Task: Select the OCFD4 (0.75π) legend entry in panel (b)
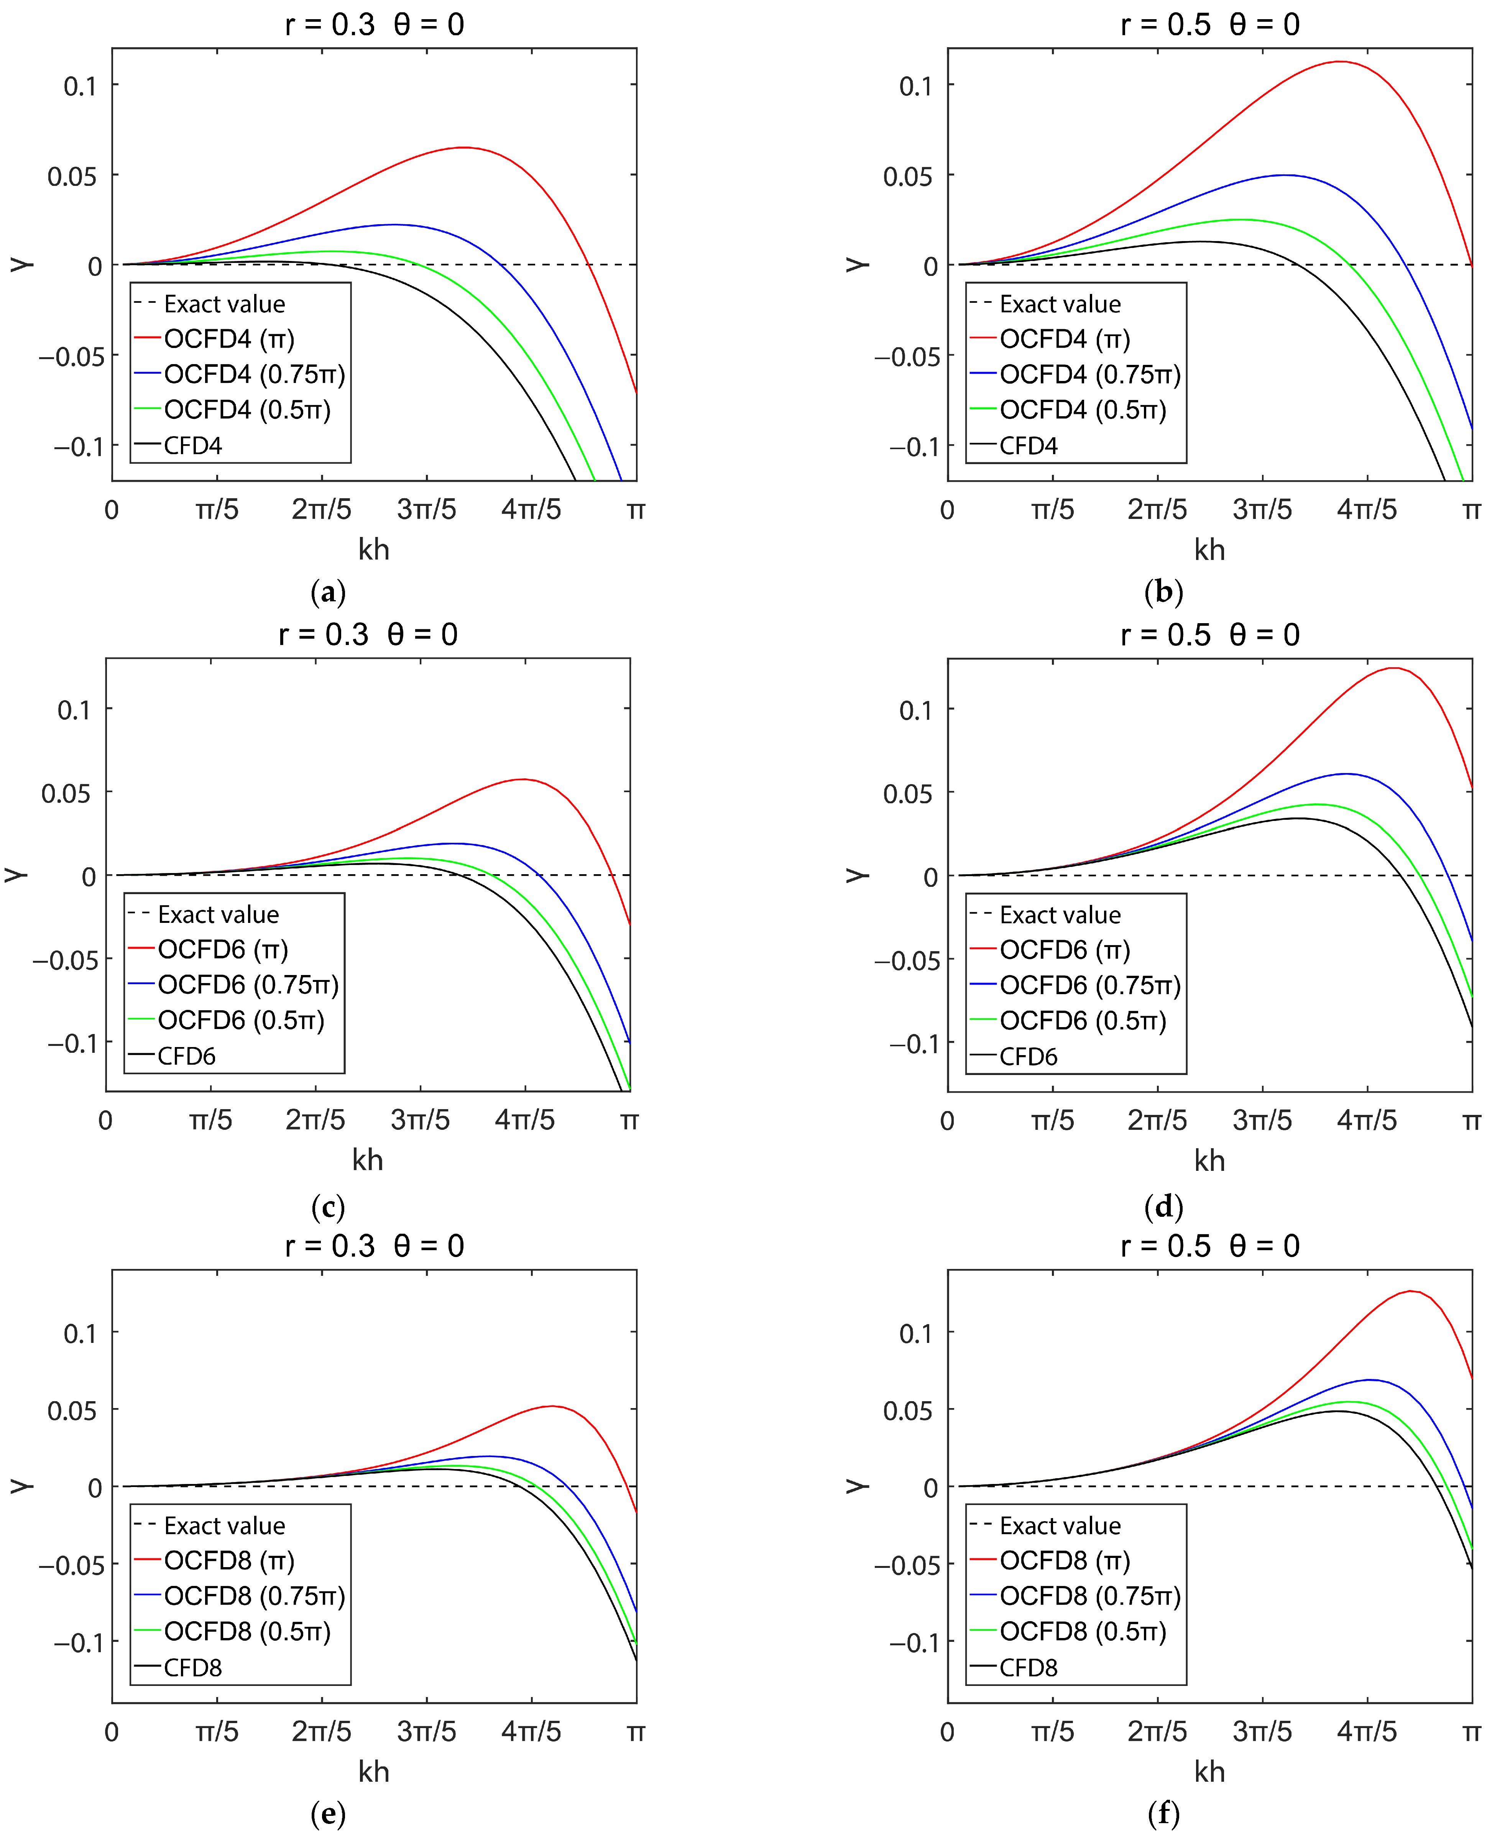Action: [x=1089, y=374]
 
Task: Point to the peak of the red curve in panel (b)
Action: [x=1339, y=62]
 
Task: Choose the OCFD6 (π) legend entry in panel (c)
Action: [x=223, y=949]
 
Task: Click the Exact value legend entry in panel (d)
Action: [x=1060, y=914]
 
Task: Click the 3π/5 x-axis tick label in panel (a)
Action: [x=427, y=509]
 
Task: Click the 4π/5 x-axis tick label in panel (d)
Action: [x=1367, y=1120]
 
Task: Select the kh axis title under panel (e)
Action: [x=373, y=1771]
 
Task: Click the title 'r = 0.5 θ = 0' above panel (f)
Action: [x=1209, y=1245]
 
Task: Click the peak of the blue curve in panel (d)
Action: [x=1346, y=774]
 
